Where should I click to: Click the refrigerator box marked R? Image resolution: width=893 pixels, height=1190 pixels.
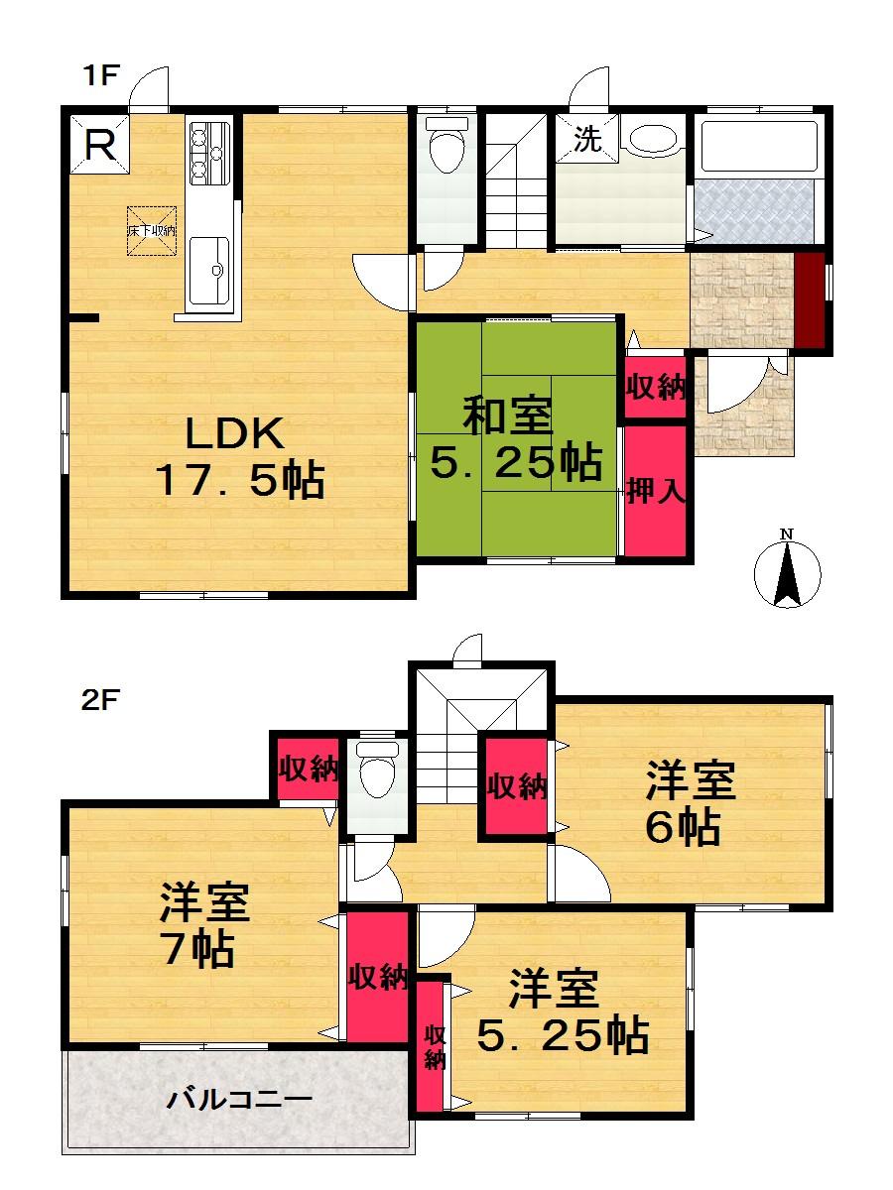click(97, 146)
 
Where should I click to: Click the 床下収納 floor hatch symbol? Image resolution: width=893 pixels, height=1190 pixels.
click(151, 230)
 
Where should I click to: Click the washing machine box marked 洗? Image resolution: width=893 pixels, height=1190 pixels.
click(587, 140)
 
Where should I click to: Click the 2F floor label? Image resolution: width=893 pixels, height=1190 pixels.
click(100, 700)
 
